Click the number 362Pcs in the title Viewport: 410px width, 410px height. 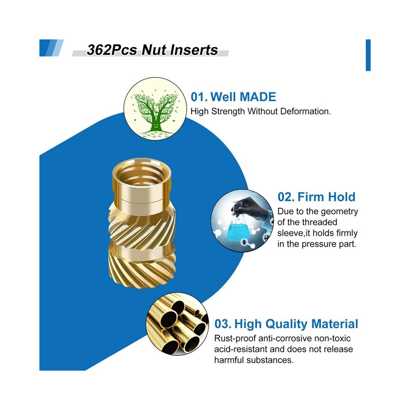111,50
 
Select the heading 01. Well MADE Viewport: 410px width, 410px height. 233,97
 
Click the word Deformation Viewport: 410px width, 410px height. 305,111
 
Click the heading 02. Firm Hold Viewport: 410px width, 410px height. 316,197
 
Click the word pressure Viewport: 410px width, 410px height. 319,244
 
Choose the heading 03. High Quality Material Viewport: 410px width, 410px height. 286,324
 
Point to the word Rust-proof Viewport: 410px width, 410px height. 235,338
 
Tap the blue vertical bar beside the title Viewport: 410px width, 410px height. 368,55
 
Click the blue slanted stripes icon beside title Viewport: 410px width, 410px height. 51,48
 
